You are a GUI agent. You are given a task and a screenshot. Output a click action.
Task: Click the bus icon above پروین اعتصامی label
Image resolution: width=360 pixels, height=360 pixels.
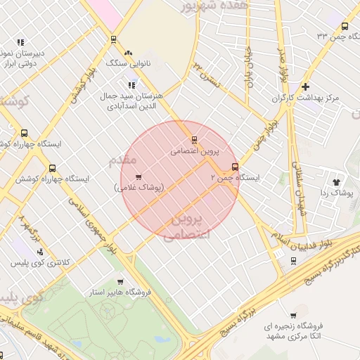(195, 139)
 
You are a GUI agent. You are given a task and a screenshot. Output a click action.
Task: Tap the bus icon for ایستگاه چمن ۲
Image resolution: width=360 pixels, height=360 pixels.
(235, 167)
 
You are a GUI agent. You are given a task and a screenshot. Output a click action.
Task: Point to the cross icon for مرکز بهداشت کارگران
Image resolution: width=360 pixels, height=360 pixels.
(304, 87)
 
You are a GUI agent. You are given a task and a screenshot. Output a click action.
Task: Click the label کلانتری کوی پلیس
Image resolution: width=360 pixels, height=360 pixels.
(40, 263)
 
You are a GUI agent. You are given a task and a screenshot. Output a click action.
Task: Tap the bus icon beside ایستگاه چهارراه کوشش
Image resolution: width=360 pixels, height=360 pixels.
(53, 168)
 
